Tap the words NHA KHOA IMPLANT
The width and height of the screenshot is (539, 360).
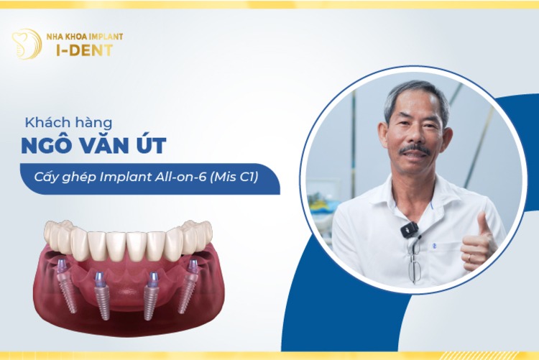(x=84, y=37)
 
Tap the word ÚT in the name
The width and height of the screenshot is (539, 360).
(x=153, y=147)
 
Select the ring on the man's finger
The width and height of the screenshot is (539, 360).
(x=469, y=256)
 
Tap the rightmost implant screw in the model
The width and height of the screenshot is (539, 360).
(x=190, y=283)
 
